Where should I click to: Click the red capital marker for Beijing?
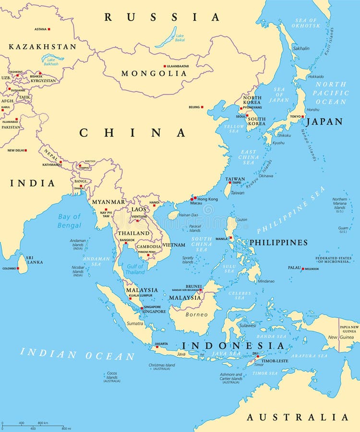202,107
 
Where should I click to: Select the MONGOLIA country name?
154,73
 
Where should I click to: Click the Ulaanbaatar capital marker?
165,66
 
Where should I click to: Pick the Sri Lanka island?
22,264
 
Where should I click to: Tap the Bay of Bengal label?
70,221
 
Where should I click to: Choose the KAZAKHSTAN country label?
42,47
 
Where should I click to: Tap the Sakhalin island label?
301,48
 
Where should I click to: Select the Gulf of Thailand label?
135,269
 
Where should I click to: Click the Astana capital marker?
48,29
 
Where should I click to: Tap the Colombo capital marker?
18,268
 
